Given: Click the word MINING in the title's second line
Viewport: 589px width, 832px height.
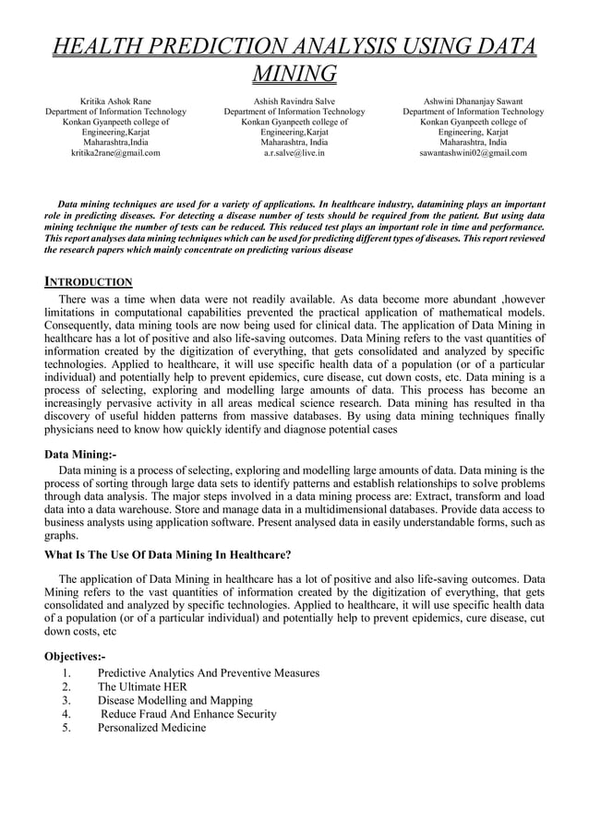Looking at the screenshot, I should pos(294,73).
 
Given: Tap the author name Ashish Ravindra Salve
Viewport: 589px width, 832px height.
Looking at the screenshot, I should pos(294,101).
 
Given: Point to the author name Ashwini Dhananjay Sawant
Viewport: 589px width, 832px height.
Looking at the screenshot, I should pos(473,101).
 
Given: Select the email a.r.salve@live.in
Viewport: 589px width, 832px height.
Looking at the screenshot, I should pos(294,153).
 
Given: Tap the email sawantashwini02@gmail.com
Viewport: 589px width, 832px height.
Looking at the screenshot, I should pos(473,153).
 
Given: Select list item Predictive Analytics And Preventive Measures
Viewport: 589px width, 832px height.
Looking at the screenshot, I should pos(209,672).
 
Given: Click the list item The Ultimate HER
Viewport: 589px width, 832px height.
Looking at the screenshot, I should pos(142,686).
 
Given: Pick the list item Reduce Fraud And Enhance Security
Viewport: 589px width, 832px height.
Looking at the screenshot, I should pos(188,714).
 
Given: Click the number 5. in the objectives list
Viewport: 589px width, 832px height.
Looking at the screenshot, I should pos(66,728).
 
